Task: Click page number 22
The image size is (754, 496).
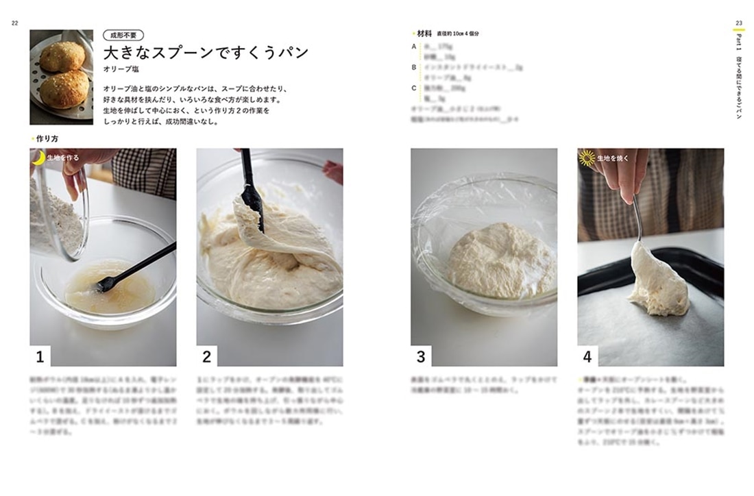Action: (14, 23)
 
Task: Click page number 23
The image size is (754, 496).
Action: (739, 23)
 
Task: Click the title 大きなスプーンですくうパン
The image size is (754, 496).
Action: (206, 53)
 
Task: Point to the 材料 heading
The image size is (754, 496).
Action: (425, 33)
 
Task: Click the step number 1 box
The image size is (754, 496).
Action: (40, 356)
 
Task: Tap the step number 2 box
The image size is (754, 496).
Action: (206, 356)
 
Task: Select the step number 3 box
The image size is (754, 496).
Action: (421, 356)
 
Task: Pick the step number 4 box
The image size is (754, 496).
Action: (587, 356)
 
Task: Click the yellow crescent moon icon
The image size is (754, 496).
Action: (39, 158)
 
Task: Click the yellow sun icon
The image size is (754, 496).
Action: (587, 158)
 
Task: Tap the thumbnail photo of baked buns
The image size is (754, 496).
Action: (61, 77)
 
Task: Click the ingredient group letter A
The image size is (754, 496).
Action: (414, 47)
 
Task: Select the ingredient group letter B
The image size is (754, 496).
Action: (414, 67)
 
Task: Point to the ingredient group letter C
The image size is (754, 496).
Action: (414, 88)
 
